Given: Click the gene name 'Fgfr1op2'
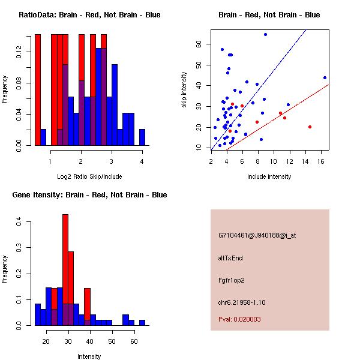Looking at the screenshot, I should point(232,280).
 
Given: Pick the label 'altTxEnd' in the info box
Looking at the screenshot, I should point(230,258).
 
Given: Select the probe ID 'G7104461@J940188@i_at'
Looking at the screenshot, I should point(257,235).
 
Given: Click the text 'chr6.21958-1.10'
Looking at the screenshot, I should point(242,302).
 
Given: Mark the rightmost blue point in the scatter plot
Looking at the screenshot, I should point(325,77).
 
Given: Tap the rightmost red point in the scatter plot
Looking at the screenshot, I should point(310,127).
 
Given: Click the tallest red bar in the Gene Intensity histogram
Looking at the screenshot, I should point(65,270).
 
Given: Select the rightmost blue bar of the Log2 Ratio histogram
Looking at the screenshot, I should point(142,137).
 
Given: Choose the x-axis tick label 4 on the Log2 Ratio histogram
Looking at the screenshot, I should point(142,160).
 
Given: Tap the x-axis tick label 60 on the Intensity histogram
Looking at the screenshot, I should point(134,341).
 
